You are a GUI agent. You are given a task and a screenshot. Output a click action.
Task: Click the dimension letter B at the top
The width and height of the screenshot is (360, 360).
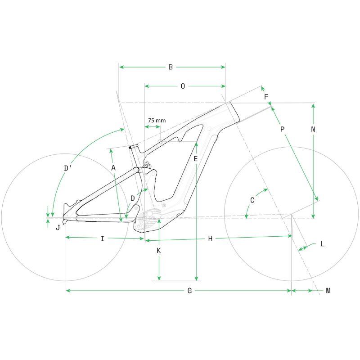point(171,67)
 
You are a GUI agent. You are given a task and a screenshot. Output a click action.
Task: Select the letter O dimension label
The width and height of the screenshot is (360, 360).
point(183,86)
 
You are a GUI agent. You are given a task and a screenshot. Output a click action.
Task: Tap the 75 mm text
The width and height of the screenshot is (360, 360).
point(157,120)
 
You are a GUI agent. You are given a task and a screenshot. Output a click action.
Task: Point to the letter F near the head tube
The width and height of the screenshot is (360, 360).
point(266,97)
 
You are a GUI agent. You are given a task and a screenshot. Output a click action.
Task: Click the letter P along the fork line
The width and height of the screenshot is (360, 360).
point(283,129)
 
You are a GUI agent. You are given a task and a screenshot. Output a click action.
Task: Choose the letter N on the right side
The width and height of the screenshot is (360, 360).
point(313,129)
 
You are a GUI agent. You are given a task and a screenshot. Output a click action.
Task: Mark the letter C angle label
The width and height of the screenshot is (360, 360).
point(252,200)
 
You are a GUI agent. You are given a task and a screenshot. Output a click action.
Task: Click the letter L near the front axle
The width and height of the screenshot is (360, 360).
point(323,244)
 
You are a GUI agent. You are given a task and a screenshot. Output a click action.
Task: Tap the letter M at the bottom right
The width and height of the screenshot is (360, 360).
point(328,291)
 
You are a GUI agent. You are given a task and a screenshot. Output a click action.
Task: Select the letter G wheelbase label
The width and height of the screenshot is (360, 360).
point(189,291)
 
